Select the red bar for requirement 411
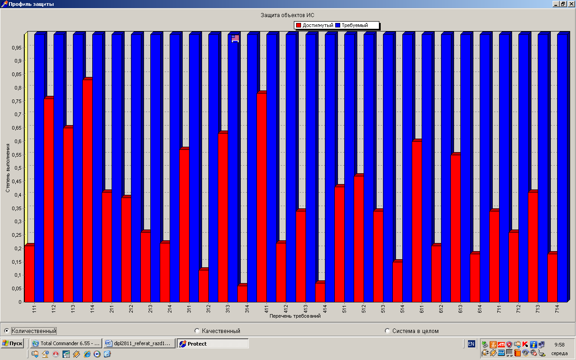pos(261,198)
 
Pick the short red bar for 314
pos(242,293)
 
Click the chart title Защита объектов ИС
pos(288,15)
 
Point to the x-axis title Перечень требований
pos(295,316)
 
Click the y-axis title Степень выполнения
pos(8,168)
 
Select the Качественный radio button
pos(197,331)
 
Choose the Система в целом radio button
pos(387,331)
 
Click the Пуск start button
pos(12,344)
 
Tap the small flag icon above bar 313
pos(235,39)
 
